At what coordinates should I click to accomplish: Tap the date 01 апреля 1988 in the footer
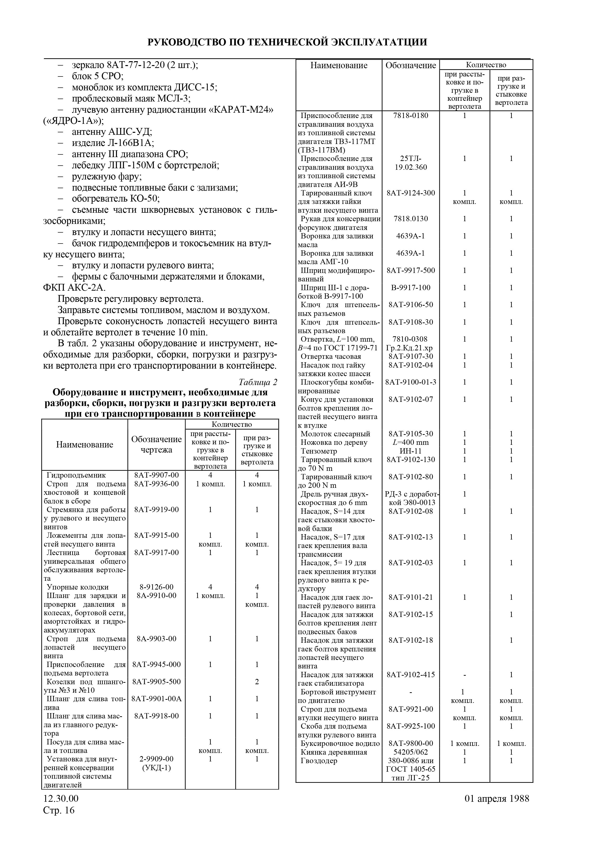(x=496, y=798)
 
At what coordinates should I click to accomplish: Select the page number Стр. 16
(x=59, y=810)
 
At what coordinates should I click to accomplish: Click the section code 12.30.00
(x=61, y=798)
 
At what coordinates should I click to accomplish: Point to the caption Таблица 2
(x=258, y=382)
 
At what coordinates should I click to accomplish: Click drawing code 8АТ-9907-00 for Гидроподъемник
(x=156, y=475)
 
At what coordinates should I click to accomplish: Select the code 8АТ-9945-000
(x=156, y=664)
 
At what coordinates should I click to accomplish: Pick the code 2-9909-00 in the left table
(x=156, y=759)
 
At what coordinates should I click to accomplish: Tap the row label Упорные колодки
(x=77, y=587)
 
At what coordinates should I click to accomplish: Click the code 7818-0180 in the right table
(x=410, y=115)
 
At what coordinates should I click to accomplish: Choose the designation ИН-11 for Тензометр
(x=410, y=451)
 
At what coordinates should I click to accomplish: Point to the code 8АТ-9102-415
(x=410, y=675)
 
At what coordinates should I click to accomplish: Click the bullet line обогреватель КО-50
(x=115, y=199)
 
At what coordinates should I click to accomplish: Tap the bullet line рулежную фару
(x=107, y=176)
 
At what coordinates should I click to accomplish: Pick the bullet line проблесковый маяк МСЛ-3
(x=131, y=98)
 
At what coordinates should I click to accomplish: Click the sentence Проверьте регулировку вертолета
(x=130, y=299)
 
